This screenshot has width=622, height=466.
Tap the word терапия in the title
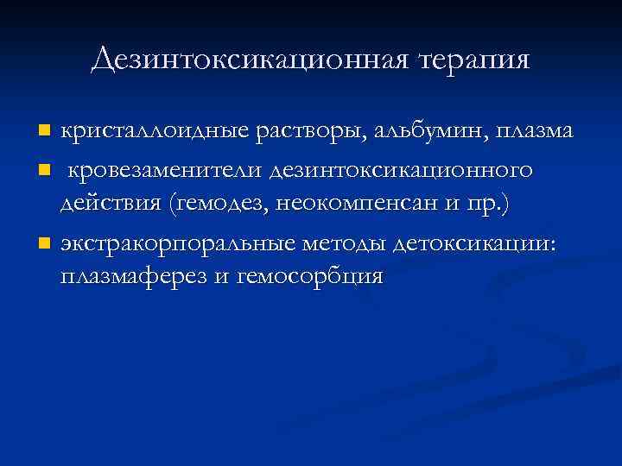474,60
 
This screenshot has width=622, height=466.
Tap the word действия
111,205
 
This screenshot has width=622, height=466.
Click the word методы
346,244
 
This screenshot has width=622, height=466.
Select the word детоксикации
480,244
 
